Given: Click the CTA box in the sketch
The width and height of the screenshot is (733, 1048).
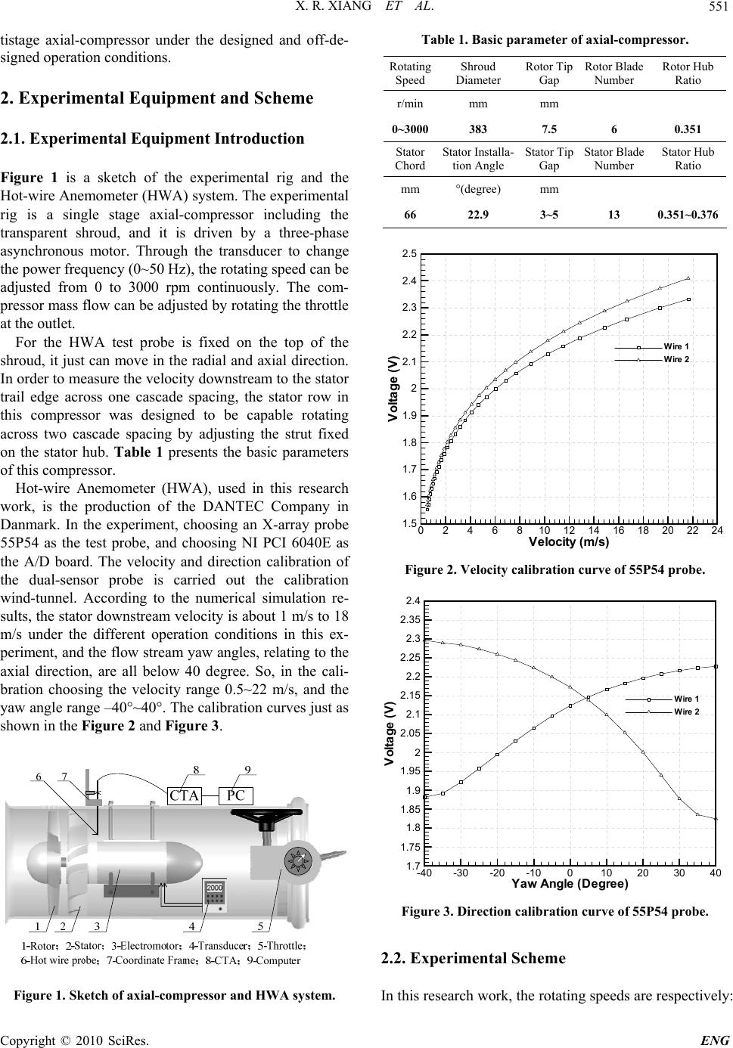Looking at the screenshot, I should (185, 795).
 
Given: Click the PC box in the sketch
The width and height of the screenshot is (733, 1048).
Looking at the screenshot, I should (235, 795).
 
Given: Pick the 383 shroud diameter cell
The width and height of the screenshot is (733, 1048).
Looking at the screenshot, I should (478, 129).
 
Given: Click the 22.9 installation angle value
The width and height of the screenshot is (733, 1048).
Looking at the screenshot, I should (478, 214).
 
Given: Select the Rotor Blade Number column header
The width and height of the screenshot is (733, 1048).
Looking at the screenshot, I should (613, 73).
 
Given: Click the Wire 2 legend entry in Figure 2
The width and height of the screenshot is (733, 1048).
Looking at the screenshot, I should (676, 358).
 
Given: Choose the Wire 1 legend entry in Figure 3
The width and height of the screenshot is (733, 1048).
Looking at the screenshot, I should (686, 698).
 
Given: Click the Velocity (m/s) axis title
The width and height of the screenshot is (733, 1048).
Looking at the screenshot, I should (569, 541).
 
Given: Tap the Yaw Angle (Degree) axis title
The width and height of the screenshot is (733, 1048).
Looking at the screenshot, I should (570, 883).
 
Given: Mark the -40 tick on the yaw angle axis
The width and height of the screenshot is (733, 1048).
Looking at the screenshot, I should (425, 873).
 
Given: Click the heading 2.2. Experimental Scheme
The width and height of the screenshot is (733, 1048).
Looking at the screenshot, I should (474, 959).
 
